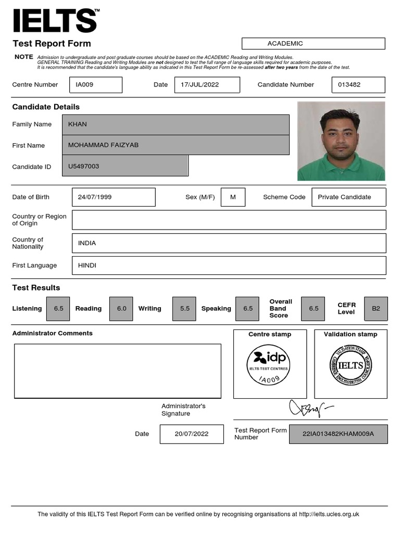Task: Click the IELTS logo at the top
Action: pos(55,21)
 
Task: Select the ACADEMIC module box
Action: pos(314,44)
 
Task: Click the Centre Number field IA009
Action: pos(95,85)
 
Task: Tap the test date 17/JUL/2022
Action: pos(207,85)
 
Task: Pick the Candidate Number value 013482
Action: pos(358,85)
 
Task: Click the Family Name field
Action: pos(176,124)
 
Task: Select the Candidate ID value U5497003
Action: pos(125,167)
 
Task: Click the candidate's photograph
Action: pos(341,141)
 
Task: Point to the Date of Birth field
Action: pos(114,197)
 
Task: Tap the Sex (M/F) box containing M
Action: pos(233,197)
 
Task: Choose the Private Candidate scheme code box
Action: pos(348,197)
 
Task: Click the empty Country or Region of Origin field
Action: pos(229,220)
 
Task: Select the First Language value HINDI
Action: pos(229,265)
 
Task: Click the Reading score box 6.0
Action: pos(121,309)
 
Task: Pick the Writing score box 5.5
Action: pos(185,309)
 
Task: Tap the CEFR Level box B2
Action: pos(376,309)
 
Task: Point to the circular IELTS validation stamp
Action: pos(351,365)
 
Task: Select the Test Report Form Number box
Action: pos(338,434)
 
